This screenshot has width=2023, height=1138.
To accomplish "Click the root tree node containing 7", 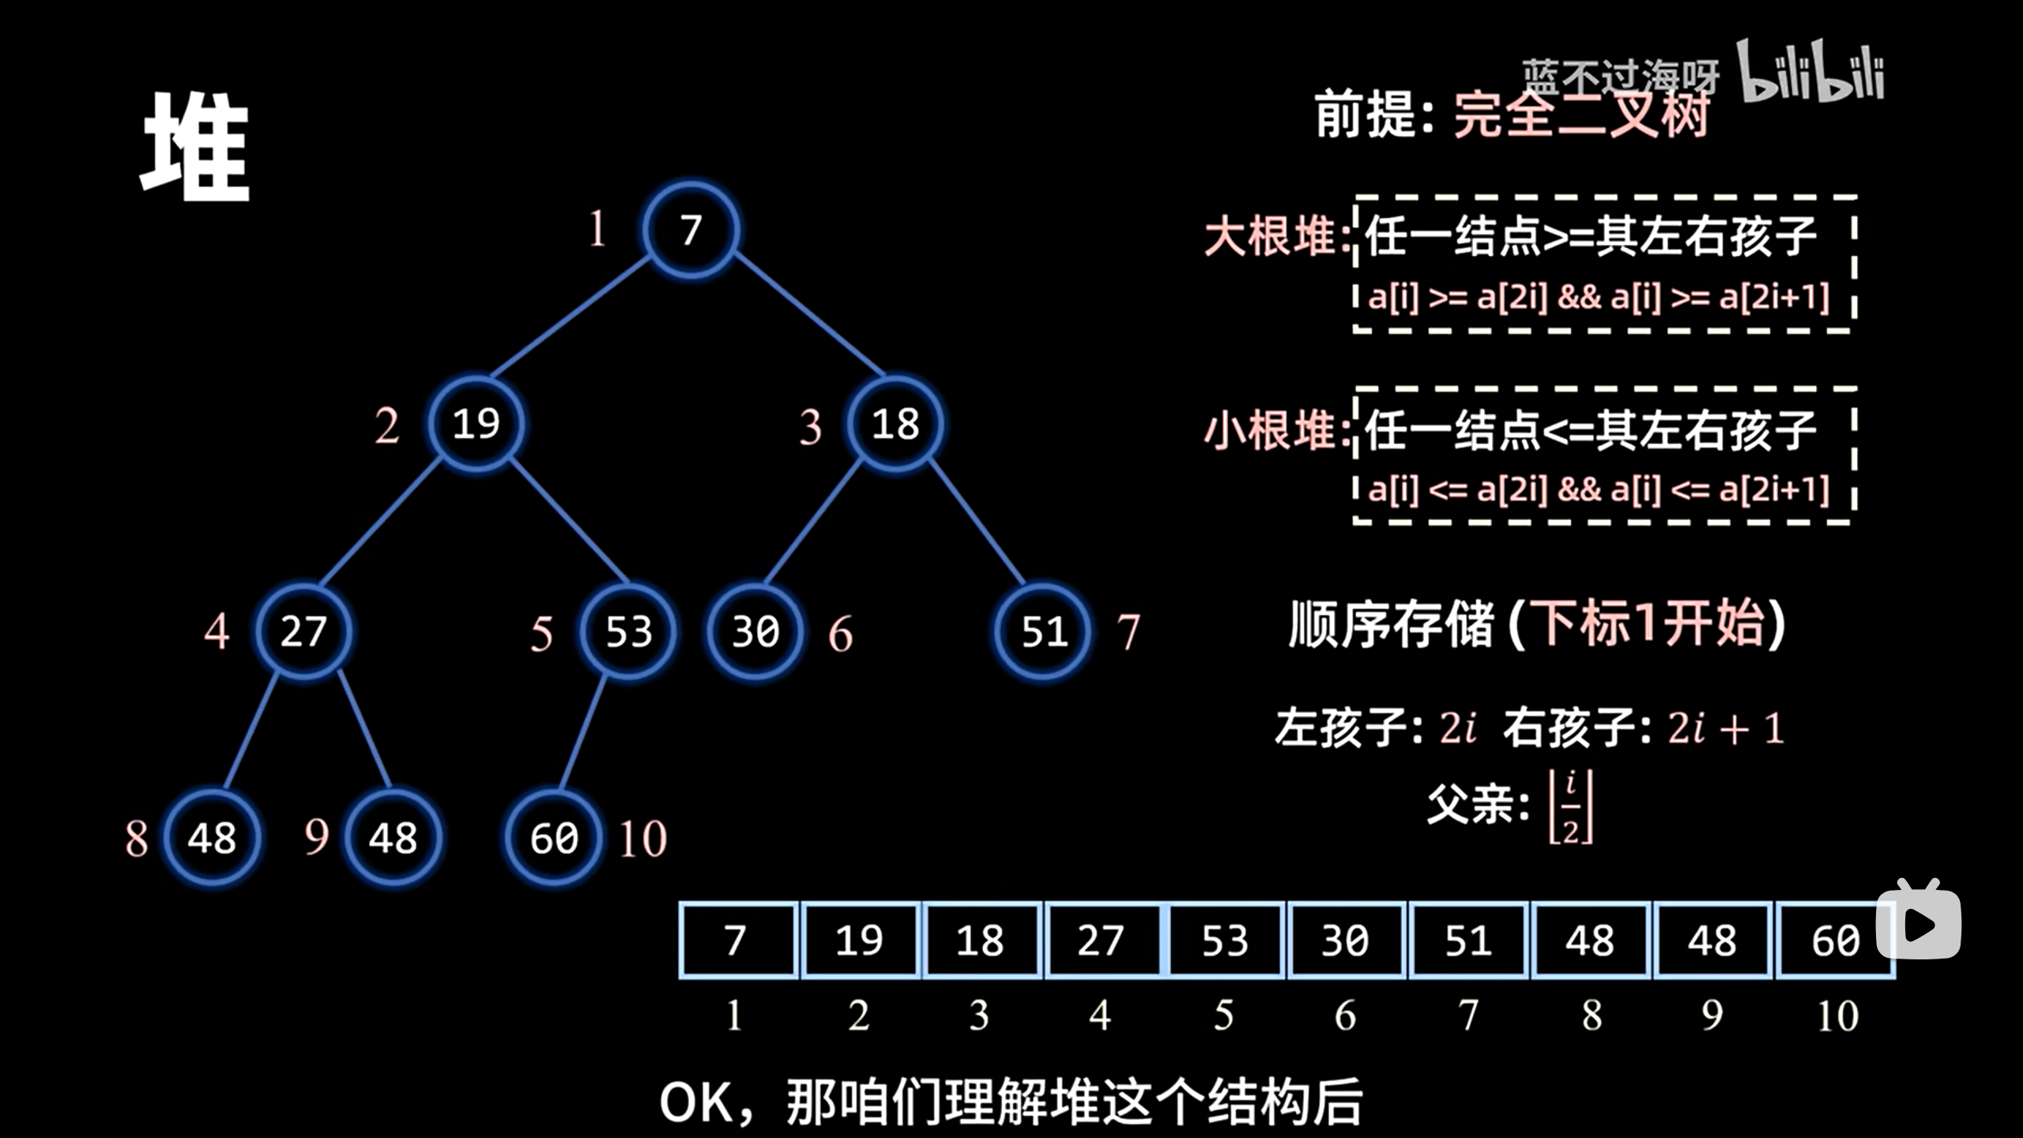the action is click(x=691, y=230).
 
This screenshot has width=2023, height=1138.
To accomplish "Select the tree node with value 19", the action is click(x=477, y=424).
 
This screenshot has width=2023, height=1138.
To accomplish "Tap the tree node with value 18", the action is click(x=895, y=424).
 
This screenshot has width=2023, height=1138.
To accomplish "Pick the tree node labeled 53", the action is click(x=628, y=631).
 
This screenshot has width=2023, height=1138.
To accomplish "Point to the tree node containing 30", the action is click(x=755, y=631).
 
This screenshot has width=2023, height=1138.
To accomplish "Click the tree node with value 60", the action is click(x=554, y=838).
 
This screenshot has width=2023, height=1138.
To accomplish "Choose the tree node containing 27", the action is click(x=303, y=631).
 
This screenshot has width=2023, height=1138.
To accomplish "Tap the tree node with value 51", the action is click(x=1044, y=631).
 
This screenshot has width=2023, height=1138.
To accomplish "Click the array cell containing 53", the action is click(x=1225, y=940).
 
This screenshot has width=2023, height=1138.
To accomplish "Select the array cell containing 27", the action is click(x=1101, y=940).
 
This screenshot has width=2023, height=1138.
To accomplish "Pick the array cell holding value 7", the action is click(x=736, y=940).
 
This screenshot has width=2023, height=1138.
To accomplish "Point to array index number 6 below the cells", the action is click(x=1346, y=1016).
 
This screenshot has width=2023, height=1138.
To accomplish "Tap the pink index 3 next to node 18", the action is click(x=810, y=427).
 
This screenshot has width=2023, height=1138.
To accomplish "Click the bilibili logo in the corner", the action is click(x=1810, y=73).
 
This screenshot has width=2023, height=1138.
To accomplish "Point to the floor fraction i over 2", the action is click(x=1570, y=807).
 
